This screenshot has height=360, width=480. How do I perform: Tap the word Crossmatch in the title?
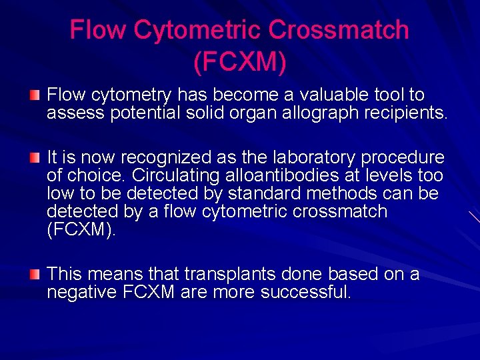click(339, 30)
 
